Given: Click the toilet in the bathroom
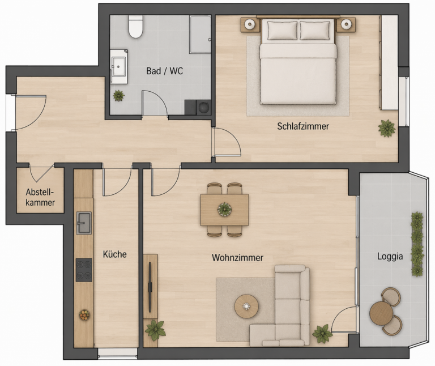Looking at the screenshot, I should point(135,27).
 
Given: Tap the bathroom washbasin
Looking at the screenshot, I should point(119,66).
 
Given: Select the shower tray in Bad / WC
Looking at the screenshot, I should point(200,35).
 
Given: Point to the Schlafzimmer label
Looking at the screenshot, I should point(303,126).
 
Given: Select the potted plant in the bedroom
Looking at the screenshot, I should point(387,128).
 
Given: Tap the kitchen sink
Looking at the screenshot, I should point(84,223).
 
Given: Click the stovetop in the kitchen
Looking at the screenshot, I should point(84,270).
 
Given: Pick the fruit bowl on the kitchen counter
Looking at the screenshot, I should point(84,314).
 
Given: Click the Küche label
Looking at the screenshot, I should point(114,254).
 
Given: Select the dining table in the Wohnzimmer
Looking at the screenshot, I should point(225,210).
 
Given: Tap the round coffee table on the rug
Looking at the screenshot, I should point(247,307).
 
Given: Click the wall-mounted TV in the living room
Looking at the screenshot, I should point(150,286).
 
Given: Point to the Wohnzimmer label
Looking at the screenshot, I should point(237,258).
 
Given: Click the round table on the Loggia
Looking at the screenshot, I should point(382,313).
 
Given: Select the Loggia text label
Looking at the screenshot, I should point(390,256).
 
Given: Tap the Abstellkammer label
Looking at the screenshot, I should point(40,197).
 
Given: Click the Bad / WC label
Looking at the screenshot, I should point(164,71).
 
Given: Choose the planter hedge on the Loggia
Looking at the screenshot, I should point(417,244).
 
